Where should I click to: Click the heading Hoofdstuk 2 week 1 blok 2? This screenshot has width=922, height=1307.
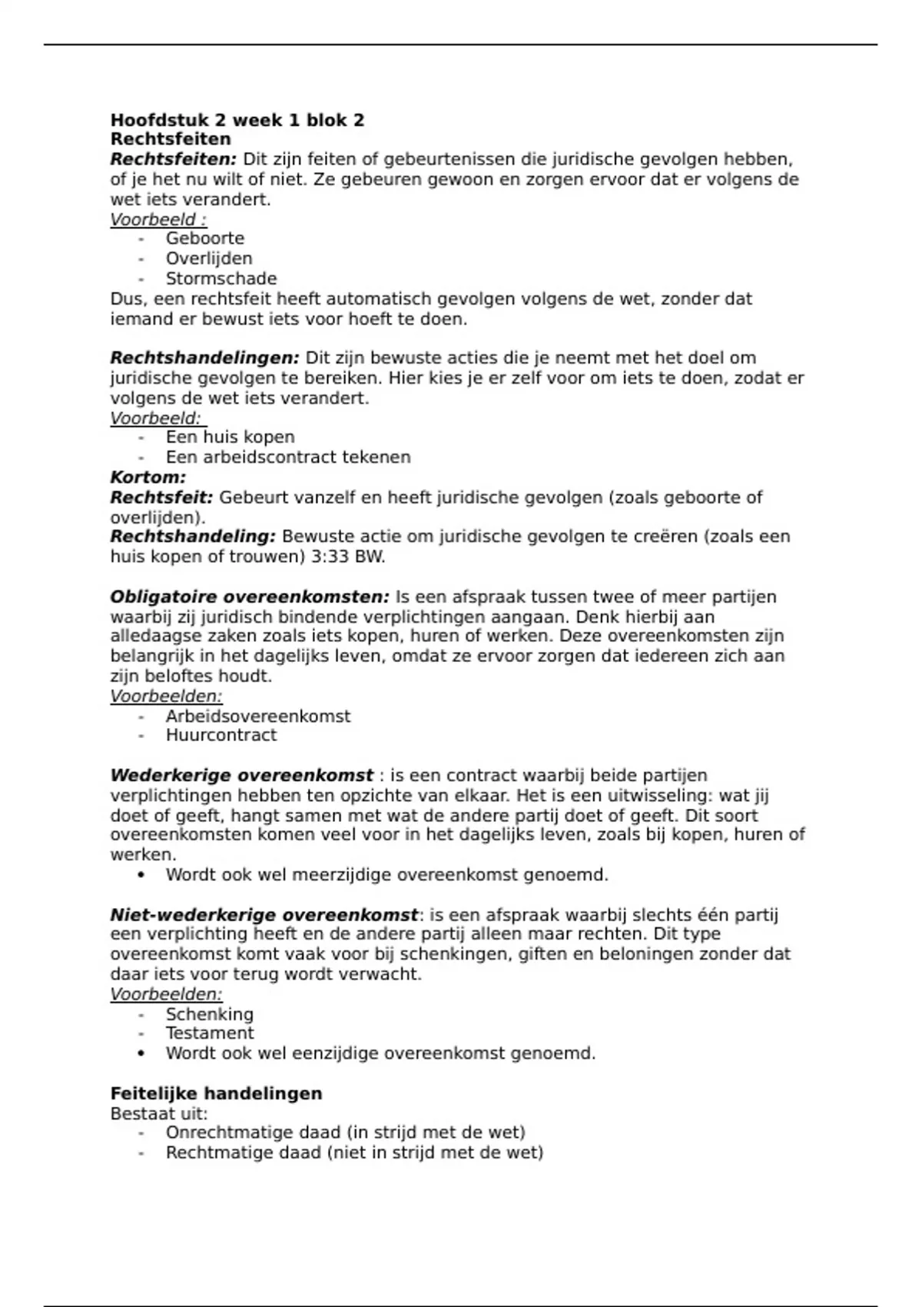pyautogui.click(x=237, y=120)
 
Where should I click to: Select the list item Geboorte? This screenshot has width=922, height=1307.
pyautogui.click(x=204, y=238)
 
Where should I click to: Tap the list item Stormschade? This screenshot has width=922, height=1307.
pyautogui.click(x=221, y=278)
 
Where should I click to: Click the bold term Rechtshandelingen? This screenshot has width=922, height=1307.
pyautogui.click(x=204, y=358)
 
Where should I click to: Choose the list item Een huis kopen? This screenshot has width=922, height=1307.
pyautogui.click(x=230, y=437)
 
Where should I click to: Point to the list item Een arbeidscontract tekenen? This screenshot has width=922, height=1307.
pyautogui.click(x=288, y=457)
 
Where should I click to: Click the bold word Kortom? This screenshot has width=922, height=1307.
pyautogui.click(x=148, y=477)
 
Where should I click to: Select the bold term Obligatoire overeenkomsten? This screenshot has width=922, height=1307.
pyautogui.click(x=250, y=597)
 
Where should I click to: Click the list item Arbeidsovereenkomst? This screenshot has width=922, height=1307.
pyautogui.click(x=258, y=716)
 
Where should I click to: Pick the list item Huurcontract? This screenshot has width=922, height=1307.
pyautogui.click(x=221, y=735)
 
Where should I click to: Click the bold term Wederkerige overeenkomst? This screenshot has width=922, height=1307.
pyautogui.click(x=241, y=775)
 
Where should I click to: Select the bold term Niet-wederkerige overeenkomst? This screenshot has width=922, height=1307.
pyautogui.click(x=264, y=915)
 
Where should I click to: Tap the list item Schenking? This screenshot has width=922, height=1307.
pyautogui.click(x=209, y=1014)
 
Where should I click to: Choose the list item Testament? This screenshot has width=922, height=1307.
pyautogui.click(x=210, y=1033)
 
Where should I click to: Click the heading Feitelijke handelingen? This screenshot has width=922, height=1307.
pyautogui.click(x=216, y=1093)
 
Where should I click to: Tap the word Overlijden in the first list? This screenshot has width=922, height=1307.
pyautogui.click(x=209, y=258)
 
